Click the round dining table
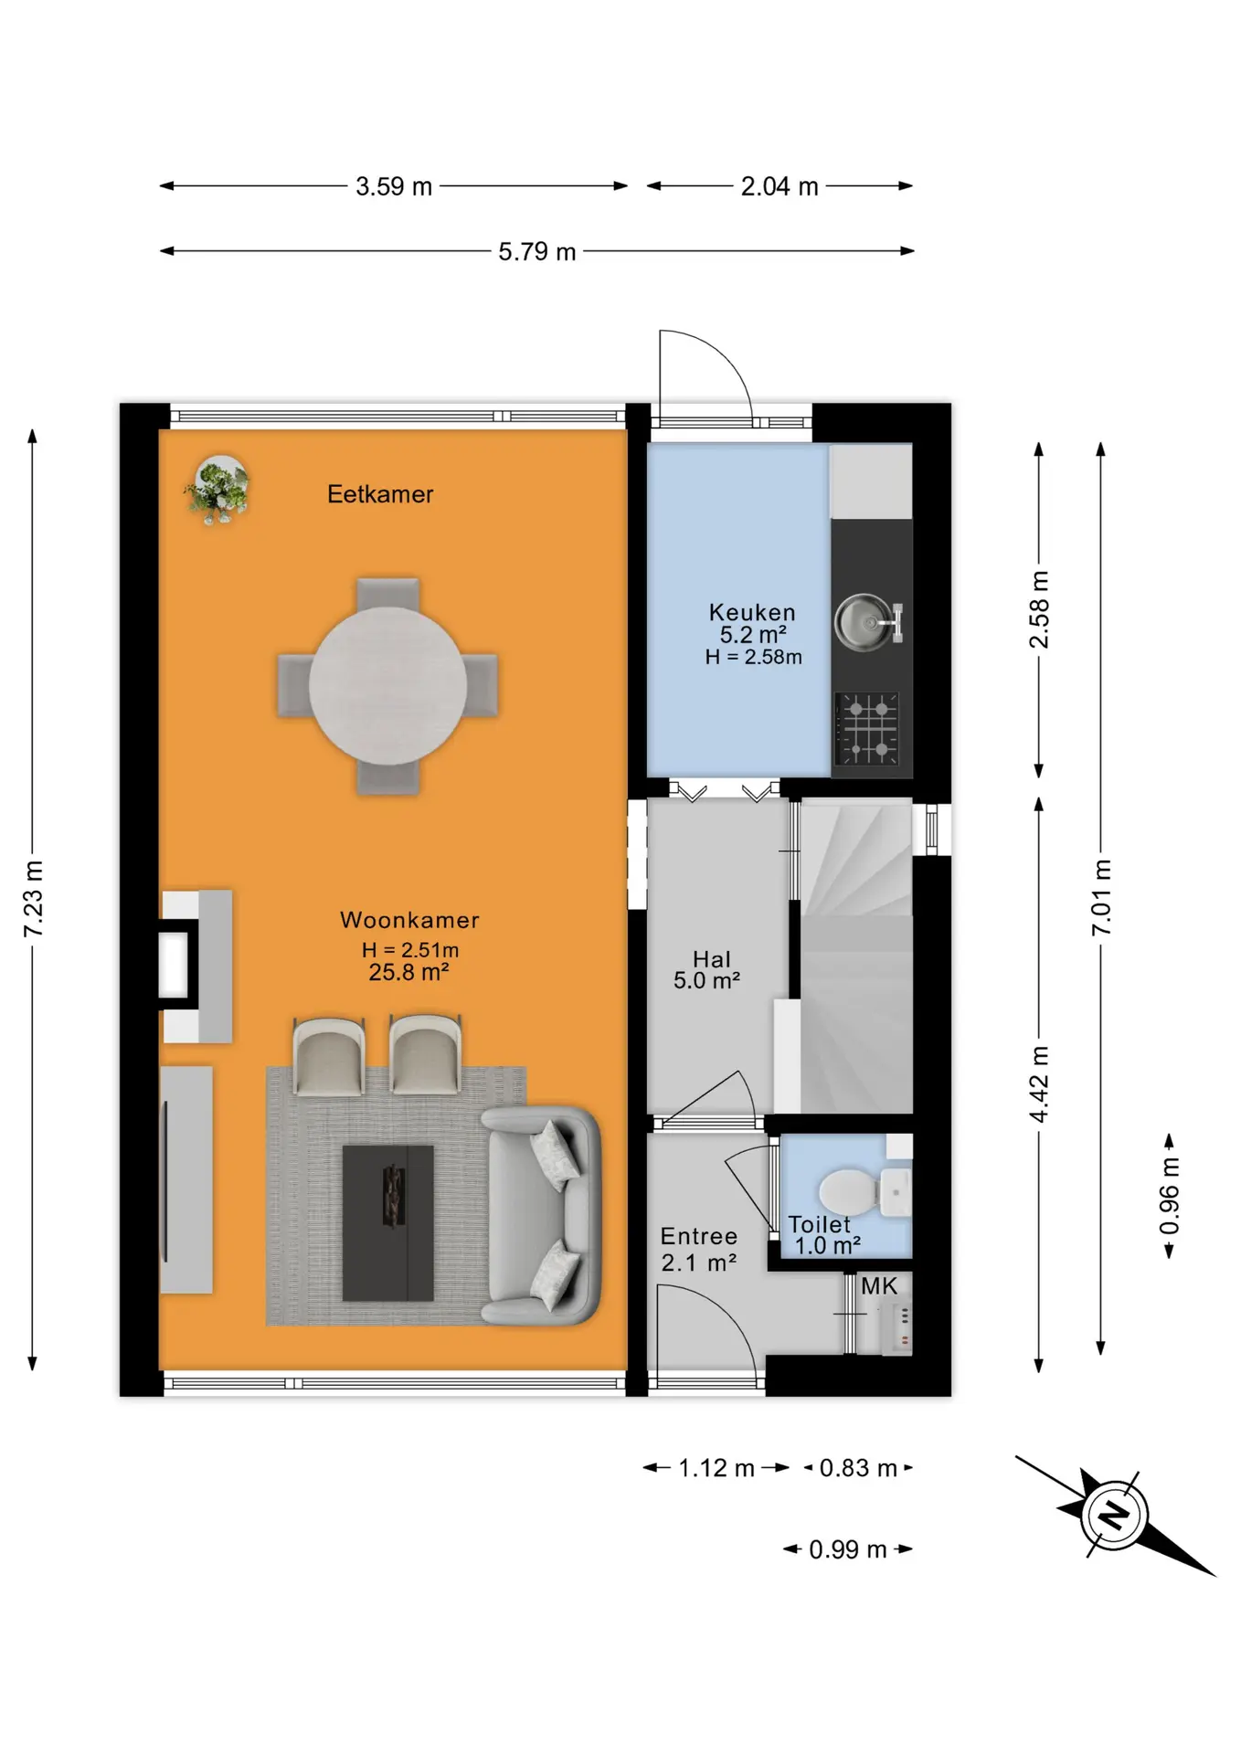[388, 685]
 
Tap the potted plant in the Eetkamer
[218, 490]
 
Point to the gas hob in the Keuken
[866, 728]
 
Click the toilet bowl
[850, 1192]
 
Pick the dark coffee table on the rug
[387, 1222]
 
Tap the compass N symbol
[1113, 1516]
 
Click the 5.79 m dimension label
[537, 251]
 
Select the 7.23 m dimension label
[33, 899]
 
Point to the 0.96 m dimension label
[1170, 1196]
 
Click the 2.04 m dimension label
[780, 186]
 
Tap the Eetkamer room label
[380, 494]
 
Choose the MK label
[879, 1286]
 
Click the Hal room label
[712, 959]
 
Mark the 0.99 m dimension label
[848, 1549]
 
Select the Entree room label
[699, 1236]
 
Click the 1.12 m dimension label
[716, 1468]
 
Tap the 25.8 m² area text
[408, 972]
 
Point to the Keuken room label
[752, 612]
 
